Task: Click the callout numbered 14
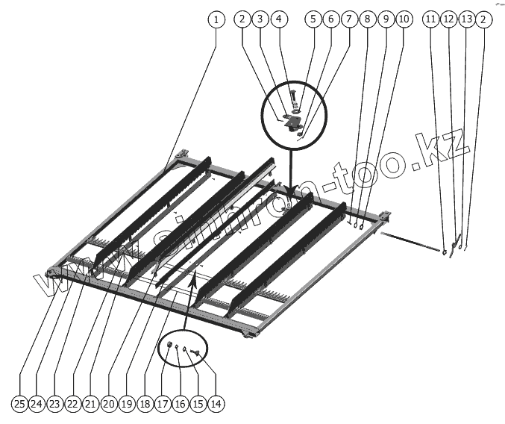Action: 216,404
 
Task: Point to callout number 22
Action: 72,404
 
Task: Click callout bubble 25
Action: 19,404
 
